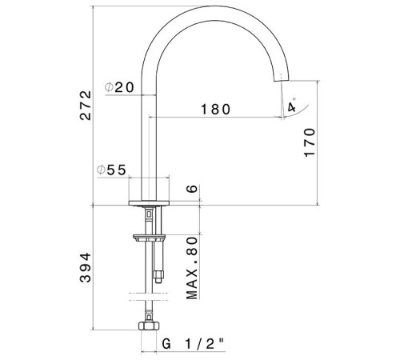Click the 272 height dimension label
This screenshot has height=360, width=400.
pyautogui.click(x=86, y=106)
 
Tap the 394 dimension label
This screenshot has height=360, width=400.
pyautogui.click(x=86, y=267)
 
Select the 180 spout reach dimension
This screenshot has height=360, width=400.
pyautogui.click(x=215, y=110)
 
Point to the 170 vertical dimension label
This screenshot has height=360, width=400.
pyautogui.click(x=310, y=142)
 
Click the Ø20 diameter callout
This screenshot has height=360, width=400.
pyautogui.click(x=119, y=87)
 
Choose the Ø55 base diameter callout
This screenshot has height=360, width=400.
pyautogui.click(x=111, y=170)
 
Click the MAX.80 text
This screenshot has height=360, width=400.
pyautogui.click(x=192, y=268)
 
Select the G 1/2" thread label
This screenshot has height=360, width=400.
pyautogui.click(x=194, y=343)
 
